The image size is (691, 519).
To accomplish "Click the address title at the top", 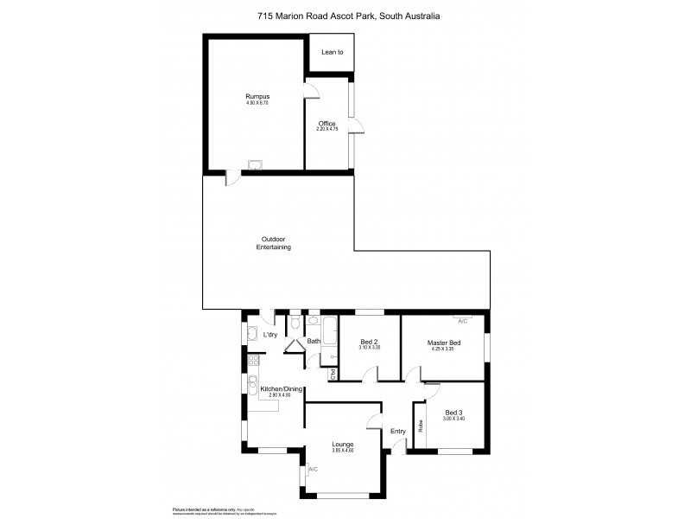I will [x=345, y=15].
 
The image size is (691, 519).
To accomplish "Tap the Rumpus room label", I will [x=257, y=96].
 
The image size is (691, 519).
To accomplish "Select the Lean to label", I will [x=332, y=53].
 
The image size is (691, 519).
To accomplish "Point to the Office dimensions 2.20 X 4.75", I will [x=326, y=130].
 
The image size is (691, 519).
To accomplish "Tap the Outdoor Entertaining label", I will [x=273, y=243].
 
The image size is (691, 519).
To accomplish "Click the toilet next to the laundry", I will [x=295, y=324].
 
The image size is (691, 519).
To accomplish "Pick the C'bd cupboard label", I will [x=333, y=374].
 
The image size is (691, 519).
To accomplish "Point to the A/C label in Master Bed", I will [x=462, y=321].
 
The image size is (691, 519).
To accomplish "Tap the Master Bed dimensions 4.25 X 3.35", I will [x=444, y=349].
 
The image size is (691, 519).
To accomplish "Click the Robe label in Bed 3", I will [x=421, y=426].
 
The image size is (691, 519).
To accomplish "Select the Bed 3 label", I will [x=454, y=412].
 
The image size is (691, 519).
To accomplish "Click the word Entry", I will [x=398, y=431].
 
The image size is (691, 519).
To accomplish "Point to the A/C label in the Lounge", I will [x=312, y=469].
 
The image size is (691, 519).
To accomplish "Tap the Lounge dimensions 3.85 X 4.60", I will [x=343, y=451].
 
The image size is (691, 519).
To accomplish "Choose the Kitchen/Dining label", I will [x=281, y=389].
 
